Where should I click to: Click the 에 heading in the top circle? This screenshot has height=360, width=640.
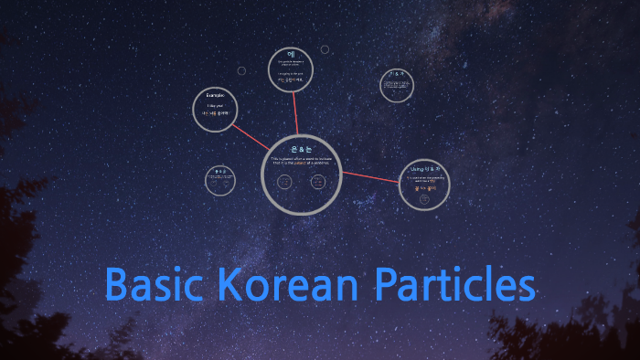click(x=293, y=54)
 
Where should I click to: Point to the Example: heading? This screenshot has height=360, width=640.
click(x=215, y=95)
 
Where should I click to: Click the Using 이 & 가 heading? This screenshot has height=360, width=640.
click(x=424, y=169)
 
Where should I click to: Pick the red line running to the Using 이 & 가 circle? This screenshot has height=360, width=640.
click(x=370, y=176)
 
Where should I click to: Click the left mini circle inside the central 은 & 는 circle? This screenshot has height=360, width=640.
click(x=284, y=182)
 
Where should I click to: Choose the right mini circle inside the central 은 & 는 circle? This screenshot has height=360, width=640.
click(x=318, y=182)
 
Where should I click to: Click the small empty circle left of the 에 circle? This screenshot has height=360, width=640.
click(x=241, y=70)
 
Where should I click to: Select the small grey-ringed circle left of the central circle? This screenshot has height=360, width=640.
click(x=222, y=181)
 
